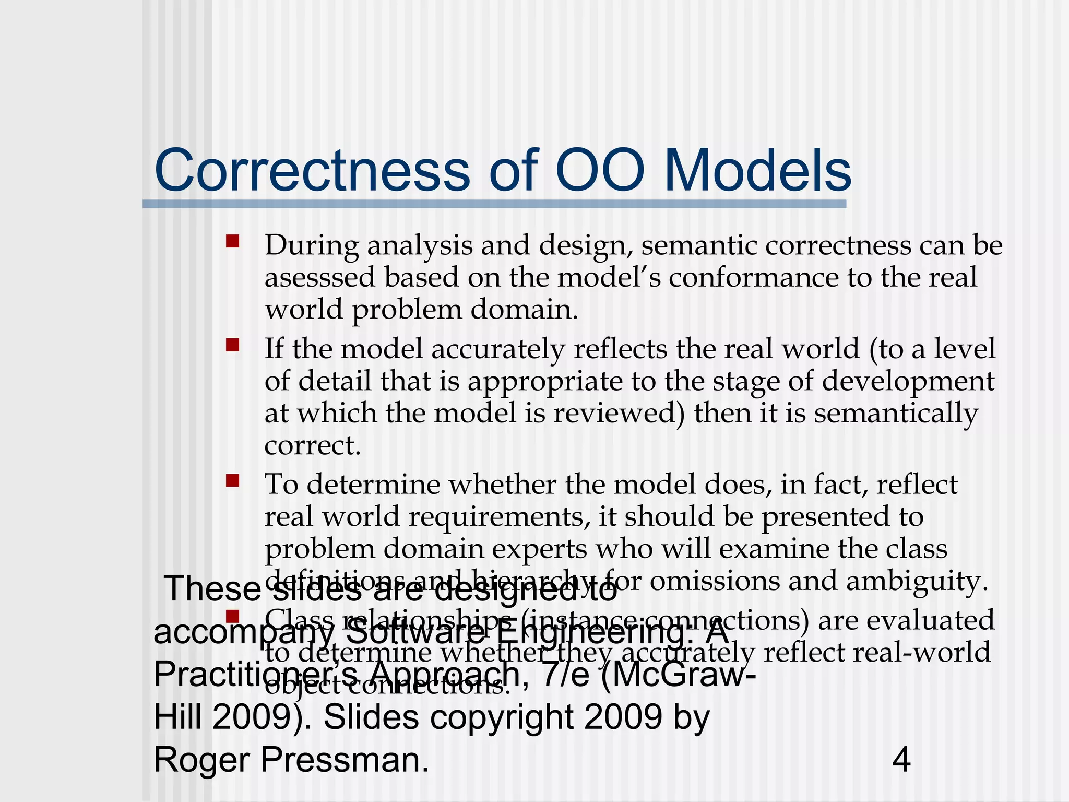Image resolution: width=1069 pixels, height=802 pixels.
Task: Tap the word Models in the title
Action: (757, 171)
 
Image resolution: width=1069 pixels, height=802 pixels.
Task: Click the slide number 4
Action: (901, 760)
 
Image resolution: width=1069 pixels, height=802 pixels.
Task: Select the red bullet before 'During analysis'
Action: (232, 241)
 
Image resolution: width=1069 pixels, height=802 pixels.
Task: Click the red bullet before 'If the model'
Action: (232, 345)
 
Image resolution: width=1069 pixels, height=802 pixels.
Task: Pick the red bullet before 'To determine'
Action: (232, 480)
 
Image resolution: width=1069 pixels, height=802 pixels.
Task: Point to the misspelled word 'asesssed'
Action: (319, 277)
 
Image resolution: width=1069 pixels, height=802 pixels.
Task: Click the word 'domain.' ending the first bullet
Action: (525, 310)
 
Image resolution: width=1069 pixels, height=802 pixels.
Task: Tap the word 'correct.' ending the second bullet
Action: (312, 445)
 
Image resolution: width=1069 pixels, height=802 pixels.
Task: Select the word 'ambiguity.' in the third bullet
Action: (917, 581)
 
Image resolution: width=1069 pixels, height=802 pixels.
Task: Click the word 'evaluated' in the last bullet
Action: (906, 620)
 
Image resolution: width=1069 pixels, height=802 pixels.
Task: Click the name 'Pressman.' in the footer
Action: (345, 760)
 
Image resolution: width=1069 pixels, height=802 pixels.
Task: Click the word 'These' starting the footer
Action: (212, 589)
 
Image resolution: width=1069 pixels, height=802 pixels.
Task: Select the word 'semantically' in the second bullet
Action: (896, 413)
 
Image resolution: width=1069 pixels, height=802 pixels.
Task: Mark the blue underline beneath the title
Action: (494, 204)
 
